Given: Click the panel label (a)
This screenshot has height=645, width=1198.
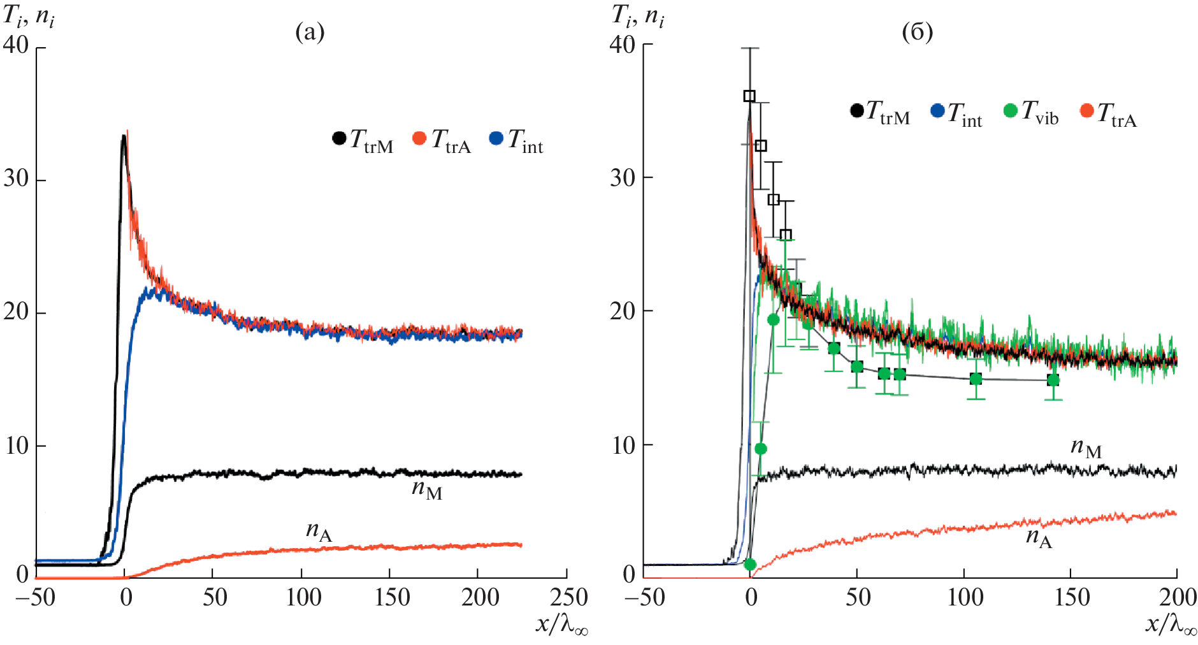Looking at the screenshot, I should click(x=310, y=32).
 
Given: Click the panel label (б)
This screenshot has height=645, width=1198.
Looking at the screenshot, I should click(x=917, y=32).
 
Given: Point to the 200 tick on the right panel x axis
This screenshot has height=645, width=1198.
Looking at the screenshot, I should click(x=1176, y=597).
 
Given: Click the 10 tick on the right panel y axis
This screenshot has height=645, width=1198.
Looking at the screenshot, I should click(x=624, y=445).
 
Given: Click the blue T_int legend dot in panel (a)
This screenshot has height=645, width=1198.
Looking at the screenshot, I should click(x=496, y=138).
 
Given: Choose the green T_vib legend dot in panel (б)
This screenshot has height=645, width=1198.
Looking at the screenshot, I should click(x=1010, y=110).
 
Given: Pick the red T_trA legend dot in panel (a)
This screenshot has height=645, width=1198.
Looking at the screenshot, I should click(x=419, y=138).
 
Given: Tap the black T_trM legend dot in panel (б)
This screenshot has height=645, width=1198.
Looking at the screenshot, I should click(x=857, y=110).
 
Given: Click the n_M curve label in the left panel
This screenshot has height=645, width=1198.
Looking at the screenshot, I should click(x=426, y=489).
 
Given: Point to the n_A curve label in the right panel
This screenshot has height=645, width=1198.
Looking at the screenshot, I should click(x=1039, y=538).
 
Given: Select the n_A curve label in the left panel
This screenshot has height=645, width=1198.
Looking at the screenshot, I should click(x=319, y=531).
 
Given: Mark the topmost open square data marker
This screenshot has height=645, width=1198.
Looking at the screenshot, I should click(x=749, y=96).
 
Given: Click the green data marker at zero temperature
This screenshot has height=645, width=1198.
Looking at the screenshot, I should click(x=750, y=565).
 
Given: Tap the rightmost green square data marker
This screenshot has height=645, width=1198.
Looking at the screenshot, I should click(x=1053, y=380).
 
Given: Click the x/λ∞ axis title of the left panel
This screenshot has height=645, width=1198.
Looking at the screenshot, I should click(x=561, y=625).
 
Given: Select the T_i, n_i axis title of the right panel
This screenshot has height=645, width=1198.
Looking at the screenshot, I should click(x=638, y=15).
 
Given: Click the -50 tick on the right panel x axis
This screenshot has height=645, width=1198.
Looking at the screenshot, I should click(x=645, y=597).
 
